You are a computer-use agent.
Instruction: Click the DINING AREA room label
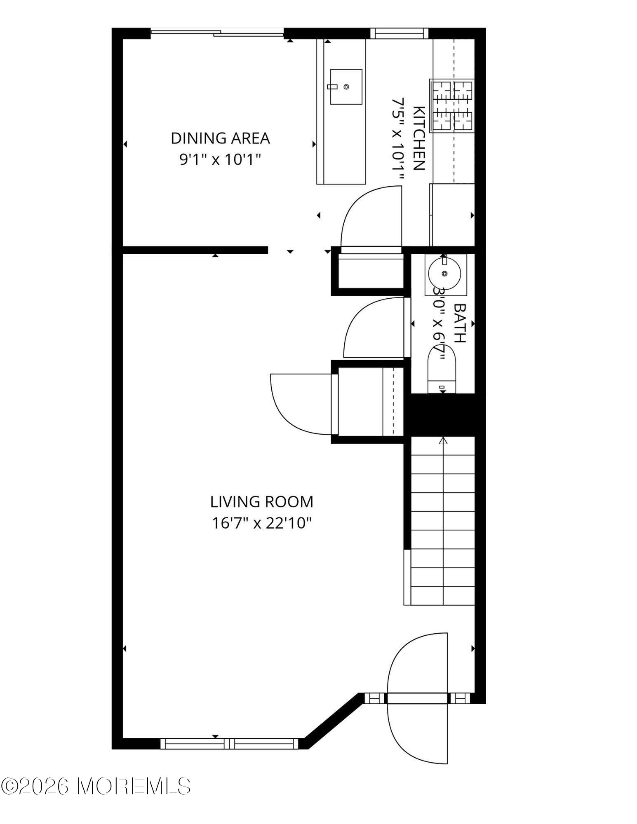pos(220,138)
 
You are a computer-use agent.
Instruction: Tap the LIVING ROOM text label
pos(262,502)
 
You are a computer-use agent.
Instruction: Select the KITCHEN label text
pos(418,138)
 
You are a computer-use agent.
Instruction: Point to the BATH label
pos(460,323)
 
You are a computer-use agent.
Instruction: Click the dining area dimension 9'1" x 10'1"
pos(220,159)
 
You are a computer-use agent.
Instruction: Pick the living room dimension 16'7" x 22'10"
pos(262,523)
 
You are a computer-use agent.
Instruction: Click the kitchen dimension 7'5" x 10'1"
pos(397,139)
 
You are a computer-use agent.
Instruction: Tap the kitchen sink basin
pos(346,87)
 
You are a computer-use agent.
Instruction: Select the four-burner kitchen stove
pos(452,105)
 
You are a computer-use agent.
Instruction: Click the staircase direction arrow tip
pos(443,438)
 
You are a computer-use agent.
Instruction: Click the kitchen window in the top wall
pos(399,33)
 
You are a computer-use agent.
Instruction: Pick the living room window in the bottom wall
pos(229,743)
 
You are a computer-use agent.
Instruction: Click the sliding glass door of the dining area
pos(217,33)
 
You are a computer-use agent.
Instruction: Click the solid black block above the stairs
pos(444,415)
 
